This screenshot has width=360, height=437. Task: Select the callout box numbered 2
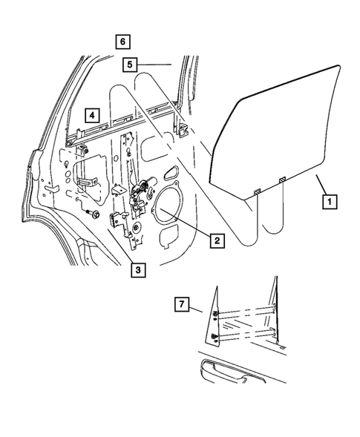coord(217,240)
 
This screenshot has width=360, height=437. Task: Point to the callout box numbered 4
coord(91,115)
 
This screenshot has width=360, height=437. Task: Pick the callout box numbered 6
coord(122,40)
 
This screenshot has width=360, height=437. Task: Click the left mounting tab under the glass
coord(256,192)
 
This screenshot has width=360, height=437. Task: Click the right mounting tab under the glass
coord(283,180)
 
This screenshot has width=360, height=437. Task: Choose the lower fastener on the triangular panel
coord(215,338)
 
